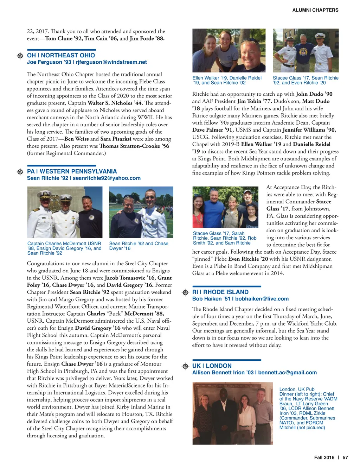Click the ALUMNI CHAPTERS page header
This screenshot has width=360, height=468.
pyautogui.click(x=315, y=10)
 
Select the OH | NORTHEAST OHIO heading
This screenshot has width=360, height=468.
pyautogui.click(x=61, y=55)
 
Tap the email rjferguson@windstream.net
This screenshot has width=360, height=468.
pyautogui.click(x=111, y=62)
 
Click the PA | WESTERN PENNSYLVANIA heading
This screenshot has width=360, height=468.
pyautogui.click(x=72, y=171)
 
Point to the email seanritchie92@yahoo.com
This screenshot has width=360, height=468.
pyautogui.click(x=107, y=178)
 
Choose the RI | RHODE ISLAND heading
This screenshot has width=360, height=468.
pyautogui.click(x=220, y=292)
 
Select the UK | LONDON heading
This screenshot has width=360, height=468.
pyautogui.click(x=212, y=366)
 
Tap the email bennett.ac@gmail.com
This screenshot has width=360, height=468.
pyautogui.click(x=287, y=373)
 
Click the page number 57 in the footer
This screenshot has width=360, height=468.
pyautogui.click(x=345, y=457)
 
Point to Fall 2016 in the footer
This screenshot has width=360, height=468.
pyautogui.click(x=324, y=457)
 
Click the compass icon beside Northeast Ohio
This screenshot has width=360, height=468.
pyautogui.click(x=20, y=56)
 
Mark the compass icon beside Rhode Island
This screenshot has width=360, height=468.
pyautogui.click(x=185, y=292)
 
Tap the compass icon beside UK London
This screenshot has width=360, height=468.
pyautogui.click(x=185, y=366)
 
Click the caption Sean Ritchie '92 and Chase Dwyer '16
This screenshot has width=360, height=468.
pyautogui.click(x=139, y=246)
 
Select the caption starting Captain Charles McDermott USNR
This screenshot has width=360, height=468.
pyautogui.click(x=64, y=248)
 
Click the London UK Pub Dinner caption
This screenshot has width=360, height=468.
pyautogui.click(x=308, y=408)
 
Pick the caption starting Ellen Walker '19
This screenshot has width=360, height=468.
pyautogui.click(x=227, y=80)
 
